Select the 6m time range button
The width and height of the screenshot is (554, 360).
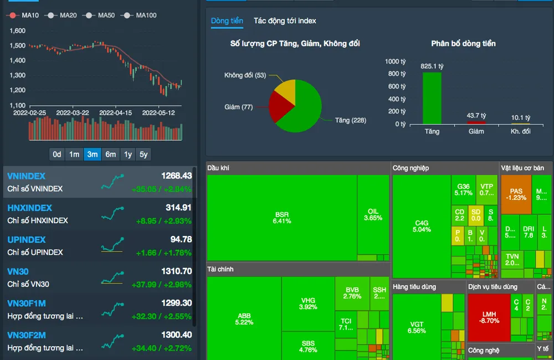[x=111, y=155]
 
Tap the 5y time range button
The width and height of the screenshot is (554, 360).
[x=143, y=155]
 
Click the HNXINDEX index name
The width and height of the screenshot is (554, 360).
[x=30, y=208]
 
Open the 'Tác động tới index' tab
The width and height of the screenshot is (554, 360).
[x=285, y=21]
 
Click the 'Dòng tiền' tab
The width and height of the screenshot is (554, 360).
[x=227, y=21]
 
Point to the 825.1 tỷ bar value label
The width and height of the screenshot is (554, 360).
[x=432, y=66]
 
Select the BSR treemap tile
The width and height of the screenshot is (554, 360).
[x=281, y=218]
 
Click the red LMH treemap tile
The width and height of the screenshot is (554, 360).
[x=489, y=317]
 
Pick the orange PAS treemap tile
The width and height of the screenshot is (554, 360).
[x=516, y=194]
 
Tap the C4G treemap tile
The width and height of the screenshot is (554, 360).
[x=422, y=226]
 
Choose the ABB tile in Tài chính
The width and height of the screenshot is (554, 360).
[x=244, y=319]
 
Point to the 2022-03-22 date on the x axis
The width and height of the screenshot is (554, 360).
[x=73, y=112]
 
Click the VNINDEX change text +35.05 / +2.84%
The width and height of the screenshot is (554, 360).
[x=161, y=189]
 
